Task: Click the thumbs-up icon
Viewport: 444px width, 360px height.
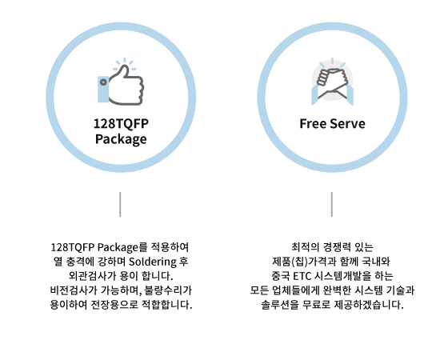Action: (x=121, y=82)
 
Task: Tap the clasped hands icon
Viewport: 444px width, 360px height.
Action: (x=332, y=82)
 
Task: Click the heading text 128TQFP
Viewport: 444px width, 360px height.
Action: (x=121, y=124)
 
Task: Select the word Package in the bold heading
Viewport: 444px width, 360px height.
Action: (x=121, y=139)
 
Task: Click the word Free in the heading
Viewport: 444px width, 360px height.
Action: (x=312, y=124)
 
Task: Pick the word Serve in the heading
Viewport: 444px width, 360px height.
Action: (x=347, y=124)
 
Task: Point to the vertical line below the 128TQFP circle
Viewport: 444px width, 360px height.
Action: (x=120, y=205)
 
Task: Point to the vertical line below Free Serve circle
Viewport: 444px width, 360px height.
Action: (x=331, y=205)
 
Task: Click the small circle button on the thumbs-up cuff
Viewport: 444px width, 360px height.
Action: (x=103, y=82)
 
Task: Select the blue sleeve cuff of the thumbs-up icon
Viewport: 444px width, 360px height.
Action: (x=103, y=89)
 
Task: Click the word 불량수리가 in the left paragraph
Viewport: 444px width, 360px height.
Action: (x=168, y=290)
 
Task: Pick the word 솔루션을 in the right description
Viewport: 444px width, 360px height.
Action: (x=280, y=305)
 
